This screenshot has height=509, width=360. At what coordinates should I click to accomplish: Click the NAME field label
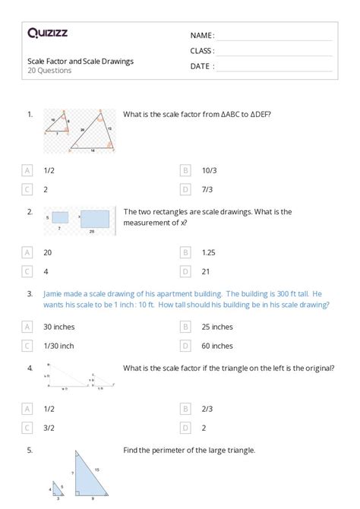click(201, 35)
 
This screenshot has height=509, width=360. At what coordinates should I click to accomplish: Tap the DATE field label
click(201, 66)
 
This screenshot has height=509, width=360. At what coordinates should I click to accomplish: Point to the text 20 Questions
click(49, 71)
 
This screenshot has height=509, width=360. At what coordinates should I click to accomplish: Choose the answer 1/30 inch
click(59, 345)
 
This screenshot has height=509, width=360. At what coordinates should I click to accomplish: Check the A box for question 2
click(28, 251)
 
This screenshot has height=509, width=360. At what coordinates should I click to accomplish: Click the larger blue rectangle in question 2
click(95, 219)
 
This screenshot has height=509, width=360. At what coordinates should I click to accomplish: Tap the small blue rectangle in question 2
click(62, 218)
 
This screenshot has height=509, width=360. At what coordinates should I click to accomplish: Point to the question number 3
click(29, 294)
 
